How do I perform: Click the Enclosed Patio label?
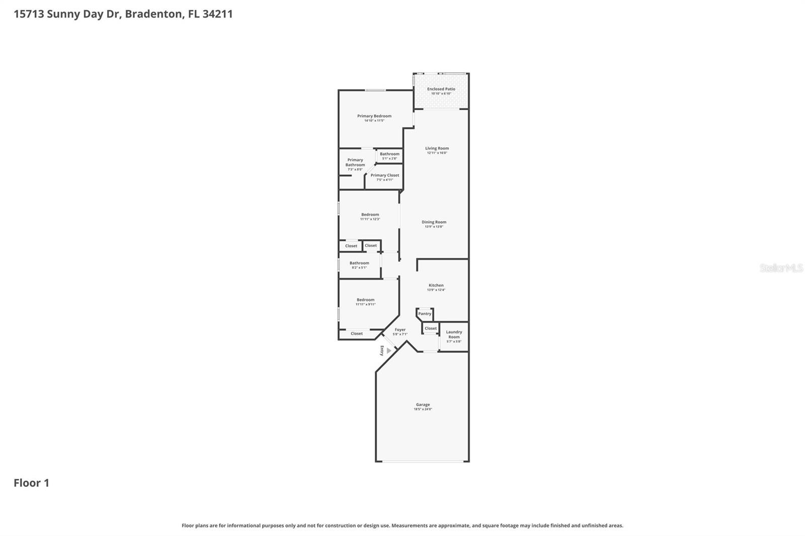(x=441, y=89)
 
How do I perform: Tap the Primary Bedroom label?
(x=374, y=116)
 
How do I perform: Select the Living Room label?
(x=437, y=148)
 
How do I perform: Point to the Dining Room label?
(x=434, y=222)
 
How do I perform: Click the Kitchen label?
(x=436, y=286)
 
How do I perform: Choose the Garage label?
(x=423, y=405)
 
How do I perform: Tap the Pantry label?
(x=425, y=314)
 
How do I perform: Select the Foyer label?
(x=400, y=330)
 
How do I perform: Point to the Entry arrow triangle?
(x=388, y=350)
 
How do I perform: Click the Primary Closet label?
(x=385, y=175)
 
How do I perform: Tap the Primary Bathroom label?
(x=355, y=162)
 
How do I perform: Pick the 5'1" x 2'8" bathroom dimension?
(x=389, y=159)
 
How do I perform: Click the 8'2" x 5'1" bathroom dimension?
(x=359, y=267)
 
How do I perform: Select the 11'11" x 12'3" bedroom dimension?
(x=370, y=219)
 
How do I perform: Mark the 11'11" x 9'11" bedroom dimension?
(x=365, y=304)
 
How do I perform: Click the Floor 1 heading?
(x=31, y=483)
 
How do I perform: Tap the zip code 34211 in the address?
(x=217, y=14)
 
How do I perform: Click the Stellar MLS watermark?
(x=781, y=268)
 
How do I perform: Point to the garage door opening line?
(x=423, y=461)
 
